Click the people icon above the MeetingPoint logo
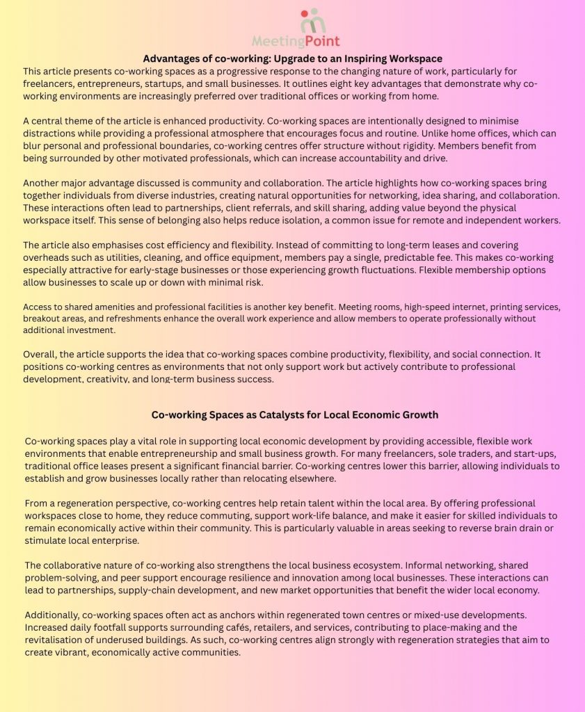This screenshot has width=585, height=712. point(312,22)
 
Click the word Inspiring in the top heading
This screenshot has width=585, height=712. point(356,58)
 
